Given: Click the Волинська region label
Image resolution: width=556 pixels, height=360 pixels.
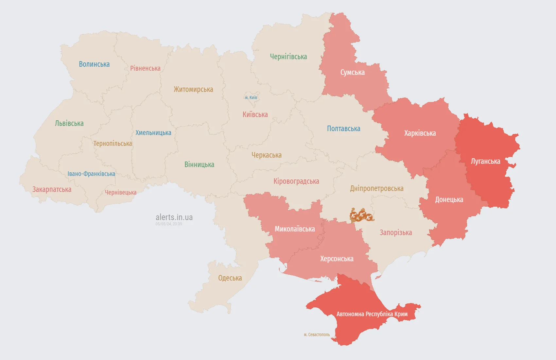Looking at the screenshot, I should click(x=94, y=64).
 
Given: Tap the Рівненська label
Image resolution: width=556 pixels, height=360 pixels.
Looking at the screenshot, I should click(x=145, y=68).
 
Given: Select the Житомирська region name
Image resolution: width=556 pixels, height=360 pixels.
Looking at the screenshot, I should click(x=193, y=89).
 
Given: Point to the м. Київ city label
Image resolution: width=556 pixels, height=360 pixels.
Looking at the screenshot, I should click(x=251, y=97).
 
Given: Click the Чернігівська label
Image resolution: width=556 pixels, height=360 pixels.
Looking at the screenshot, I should click(x=288, y=57).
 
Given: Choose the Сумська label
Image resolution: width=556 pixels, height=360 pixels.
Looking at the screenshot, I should click(x=352, y=72).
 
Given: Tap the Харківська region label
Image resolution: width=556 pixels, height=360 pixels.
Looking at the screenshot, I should click(x=420, y=133).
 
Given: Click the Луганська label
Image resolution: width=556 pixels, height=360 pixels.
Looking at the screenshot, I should click(x=485, y=161).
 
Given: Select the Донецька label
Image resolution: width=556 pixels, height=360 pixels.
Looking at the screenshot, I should click(x=449, y=199).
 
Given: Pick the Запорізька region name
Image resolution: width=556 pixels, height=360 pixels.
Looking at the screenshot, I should click(x=396, y=232).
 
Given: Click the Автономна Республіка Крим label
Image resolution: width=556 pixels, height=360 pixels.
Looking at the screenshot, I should click(x=372, y=314).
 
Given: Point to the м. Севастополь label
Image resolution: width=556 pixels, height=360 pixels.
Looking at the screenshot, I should click(x=317, y=334).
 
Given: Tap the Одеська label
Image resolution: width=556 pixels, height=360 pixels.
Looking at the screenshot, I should click(x=230, y=278).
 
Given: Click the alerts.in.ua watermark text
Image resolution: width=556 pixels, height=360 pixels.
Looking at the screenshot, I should click(x=174, y=217).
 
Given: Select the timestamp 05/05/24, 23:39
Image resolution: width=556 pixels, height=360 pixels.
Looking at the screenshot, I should click(x=169, y=224).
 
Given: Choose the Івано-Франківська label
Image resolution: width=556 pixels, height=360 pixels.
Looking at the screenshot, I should click(x=91, y=174).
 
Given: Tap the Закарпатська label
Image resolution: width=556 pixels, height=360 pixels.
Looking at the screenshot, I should click(x=52, y=189).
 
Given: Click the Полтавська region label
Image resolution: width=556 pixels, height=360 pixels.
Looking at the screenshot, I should click(x=343, y=129).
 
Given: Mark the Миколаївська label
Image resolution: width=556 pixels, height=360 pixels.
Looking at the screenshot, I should click(x=295, y=229).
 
